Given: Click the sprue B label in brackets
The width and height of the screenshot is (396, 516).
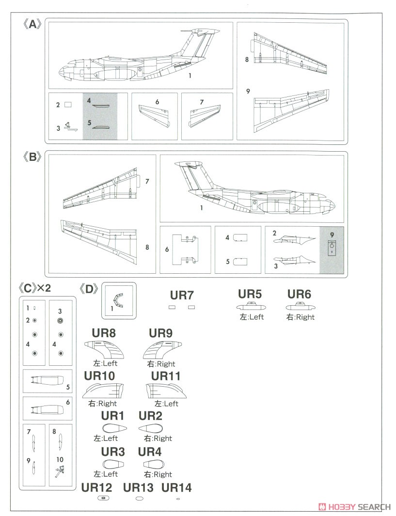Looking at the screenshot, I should click(x=32, y=158).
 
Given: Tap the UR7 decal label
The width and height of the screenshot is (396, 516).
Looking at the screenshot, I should click(x=182, y=295).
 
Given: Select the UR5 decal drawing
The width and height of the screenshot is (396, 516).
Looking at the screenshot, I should click(x=250, y=307).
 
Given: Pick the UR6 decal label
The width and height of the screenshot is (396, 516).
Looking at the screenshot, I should click(x=299, y=294).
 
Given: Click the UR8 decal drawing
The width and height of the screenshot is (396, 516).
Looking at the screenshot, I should click(x=104, y=348).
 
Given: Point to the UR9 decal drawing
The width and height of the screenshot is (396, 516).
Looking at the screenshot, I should click(x=162, y=348).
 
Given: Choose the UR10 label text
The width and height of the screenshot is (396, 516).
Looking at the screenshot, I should click(x=98, y=376).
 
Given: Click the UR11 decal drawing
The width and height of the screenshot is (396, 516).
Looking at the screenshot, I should click(x=165, y=391).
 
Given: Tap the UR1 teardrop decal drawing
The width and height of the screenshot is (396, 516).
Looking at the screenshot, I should click(x=115, y=428).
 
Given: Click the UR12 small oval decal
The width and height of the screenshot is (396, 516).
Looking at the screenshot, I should click(x=103, y=498).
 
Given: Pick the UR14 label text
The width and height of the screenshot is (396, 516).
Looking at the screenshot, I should click(x=177, y=488).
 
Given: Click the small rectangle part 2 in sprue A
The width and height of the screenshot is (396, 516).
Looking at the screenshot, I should click(x=68, y=104).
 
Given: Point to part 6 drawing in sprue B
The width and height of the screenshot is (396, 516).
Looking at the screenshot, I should click(x=185, y=249).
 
